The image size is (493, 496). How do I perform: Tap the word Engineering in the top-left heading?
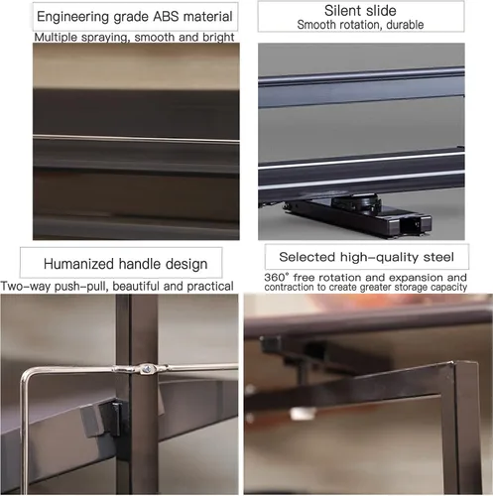click(72, 17)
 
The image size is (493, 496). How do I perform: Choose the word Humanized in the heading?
click(78, 264)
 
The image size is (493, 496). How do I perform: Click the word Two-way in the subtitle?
click(26, 287)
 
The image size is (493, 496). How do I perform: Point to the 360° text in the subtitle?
click(277, 277)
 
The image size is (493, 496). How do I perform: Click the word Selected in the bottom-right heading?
click(308, 257)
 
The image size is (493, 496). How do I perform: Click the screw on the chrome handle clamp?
click(145, 367)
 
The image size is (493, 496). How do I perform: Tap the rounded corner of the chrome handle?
click(28, 374)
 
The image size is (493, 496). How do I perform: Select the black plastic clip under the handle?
click(109, 419)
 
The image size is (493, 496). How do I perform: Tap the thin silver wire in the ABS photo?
click(136, 139)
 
